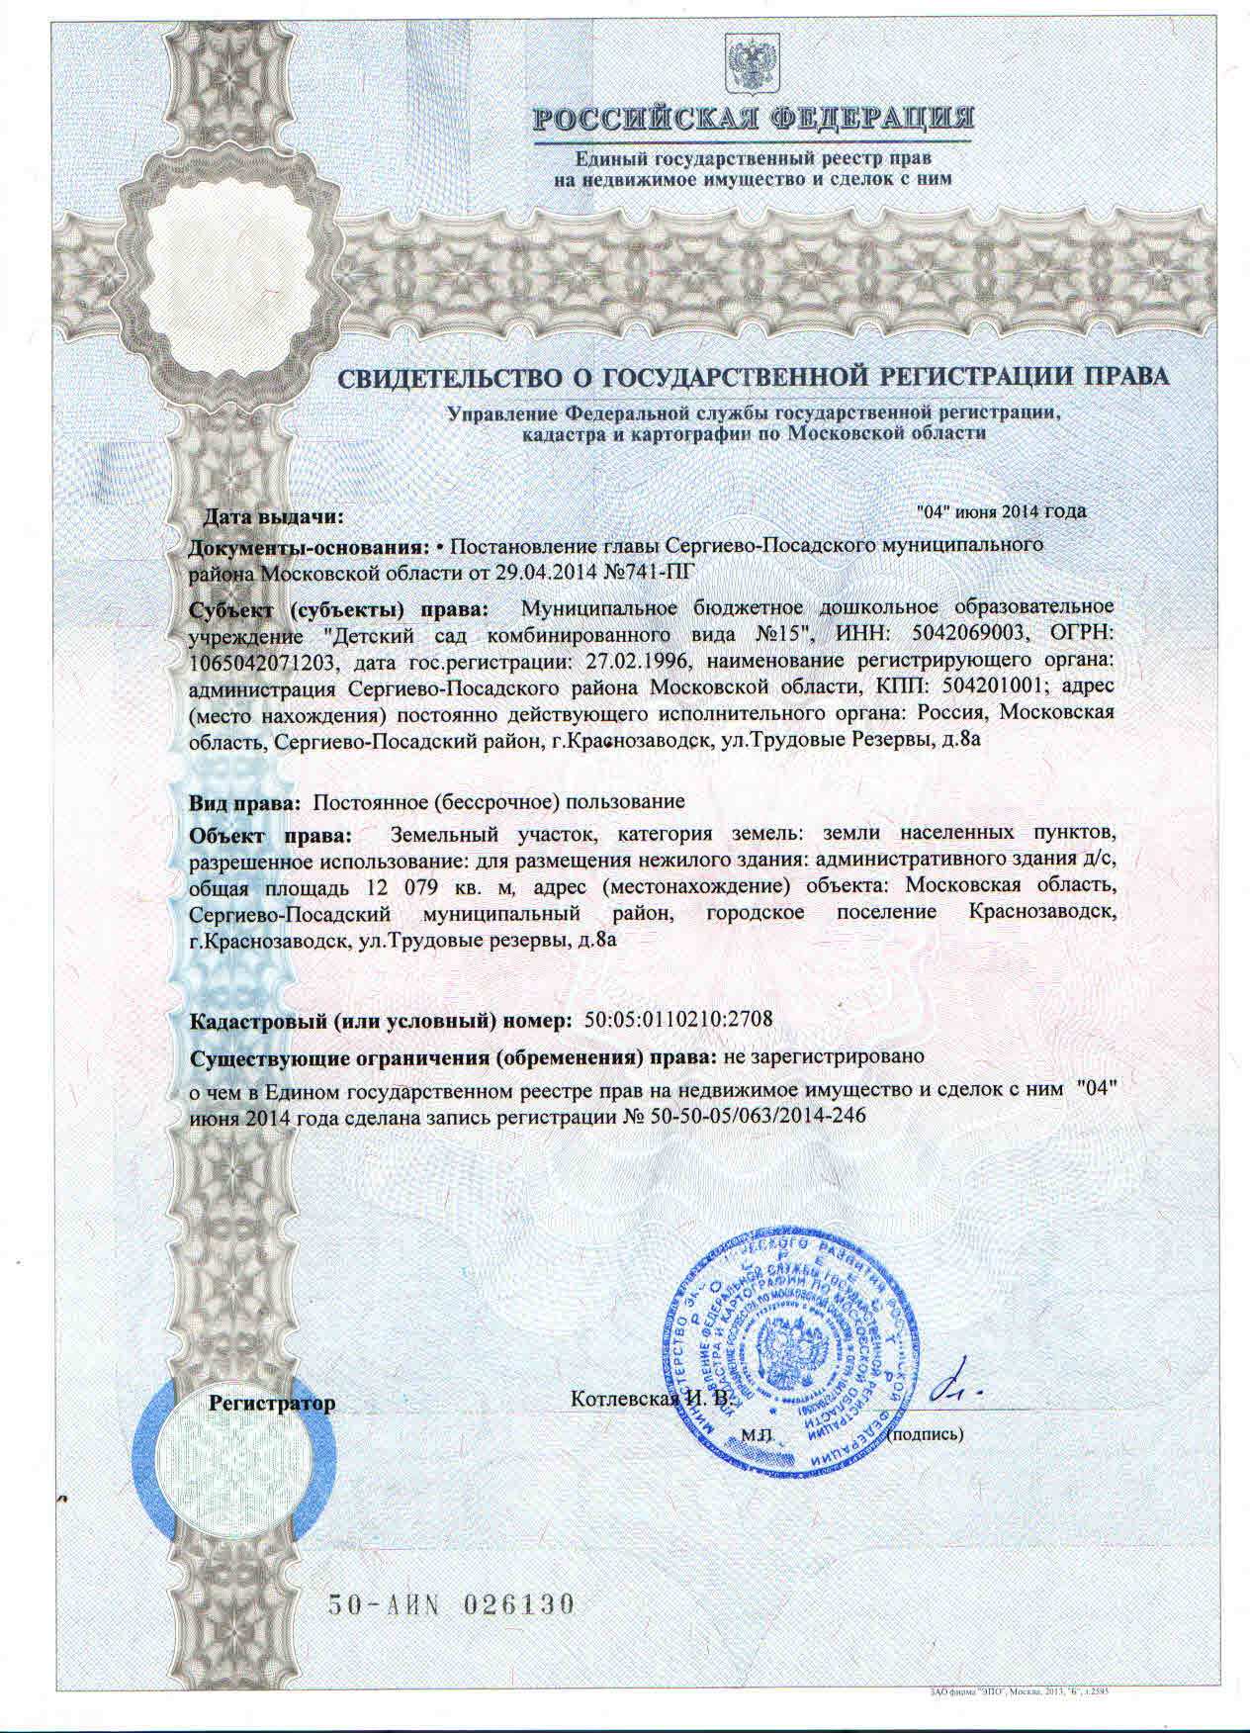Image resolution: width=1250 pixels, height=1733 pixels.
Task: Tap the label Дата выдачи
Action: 273,516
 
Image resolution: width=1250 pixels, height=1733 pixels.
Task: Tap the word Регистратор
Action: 273,1403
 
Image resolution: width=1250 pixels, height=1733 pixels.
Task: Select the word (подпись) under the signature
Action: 926,1431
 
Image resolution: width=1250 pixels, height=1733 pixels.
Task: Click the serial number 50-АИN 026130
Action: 450,1603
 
